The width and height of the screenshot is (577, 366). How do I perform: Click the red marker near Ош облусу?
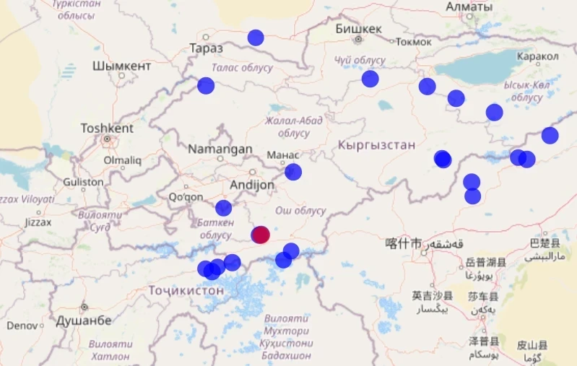tap(261, 235)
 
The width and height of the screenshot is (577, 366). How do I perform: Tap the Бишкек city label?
tap(358, 29)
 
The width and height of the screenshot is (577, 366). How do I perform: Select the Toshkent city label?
tap(107, 128)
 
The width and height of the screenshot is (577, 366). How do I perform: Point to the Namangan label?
tap(220, 149)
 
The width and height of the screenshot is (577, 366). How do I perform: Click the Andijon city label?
tap(252, 185)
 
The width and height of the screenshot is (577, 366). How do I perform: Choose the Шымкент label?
tap(122, 66)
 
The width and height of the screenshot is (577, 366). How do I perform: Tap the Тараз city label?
tap(206, 48)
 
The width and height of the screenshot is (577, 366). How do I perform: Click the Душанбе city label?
tap(84, 320)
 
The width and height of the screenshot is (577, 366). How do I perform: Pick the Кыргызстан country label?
tap(376, 145)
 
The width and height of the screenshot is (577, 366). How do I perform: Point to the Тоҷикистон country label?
tap(186, 290)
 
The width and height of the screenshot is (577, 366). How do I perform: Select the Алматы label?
tap(469, 6)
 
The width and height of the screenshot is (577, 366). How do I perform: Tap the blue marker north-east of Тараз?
tap(256, 38)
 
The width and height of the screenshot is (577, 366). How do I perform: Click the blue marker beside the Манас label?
tap(293, 172)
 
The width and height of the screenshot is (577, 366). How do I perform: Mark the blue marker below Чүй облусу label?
tap(370, 79)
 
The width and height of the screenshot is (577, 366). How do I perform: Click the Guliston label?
tap(84, 182)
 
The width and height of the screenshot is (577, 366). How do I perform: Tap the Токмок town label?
tap(414, 42)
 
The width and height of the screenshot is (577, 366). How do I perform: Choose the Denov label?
tap(22, 326)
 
